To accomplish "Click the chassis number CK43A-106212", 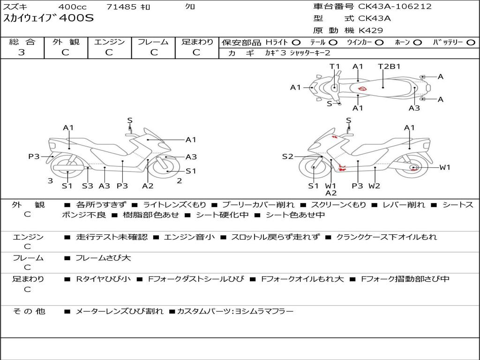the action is (395, 7).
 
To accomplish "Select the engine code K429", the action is (371, 30).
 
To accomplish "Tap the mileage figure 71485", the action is (121, 7).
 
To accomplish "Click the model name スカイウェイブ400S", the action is (49, 19).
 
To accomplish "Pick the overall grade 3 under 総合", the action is (22, 52).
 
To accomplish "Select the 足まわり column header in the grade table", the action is (197, 42).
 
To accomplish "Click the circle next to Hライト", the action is (296, 43).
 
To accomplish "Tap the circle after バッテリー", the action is (471, 43).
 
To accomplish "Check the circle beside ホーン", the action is (418, 43).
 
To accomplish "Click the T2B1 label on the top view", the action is (389, 66).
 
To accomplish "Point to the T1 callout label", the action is (334, 66).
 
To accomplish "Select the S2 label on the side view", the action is (287, 157).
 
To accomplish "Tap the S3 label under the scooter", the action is (87, 186).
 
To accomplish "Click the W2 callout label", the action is (374, 186).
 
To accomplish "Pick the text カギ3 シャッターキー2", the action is (298, 53).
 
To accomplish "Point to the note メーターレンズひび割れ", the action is (120, 311).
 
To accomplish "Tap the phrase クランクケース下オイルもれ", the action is (386, 237).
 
